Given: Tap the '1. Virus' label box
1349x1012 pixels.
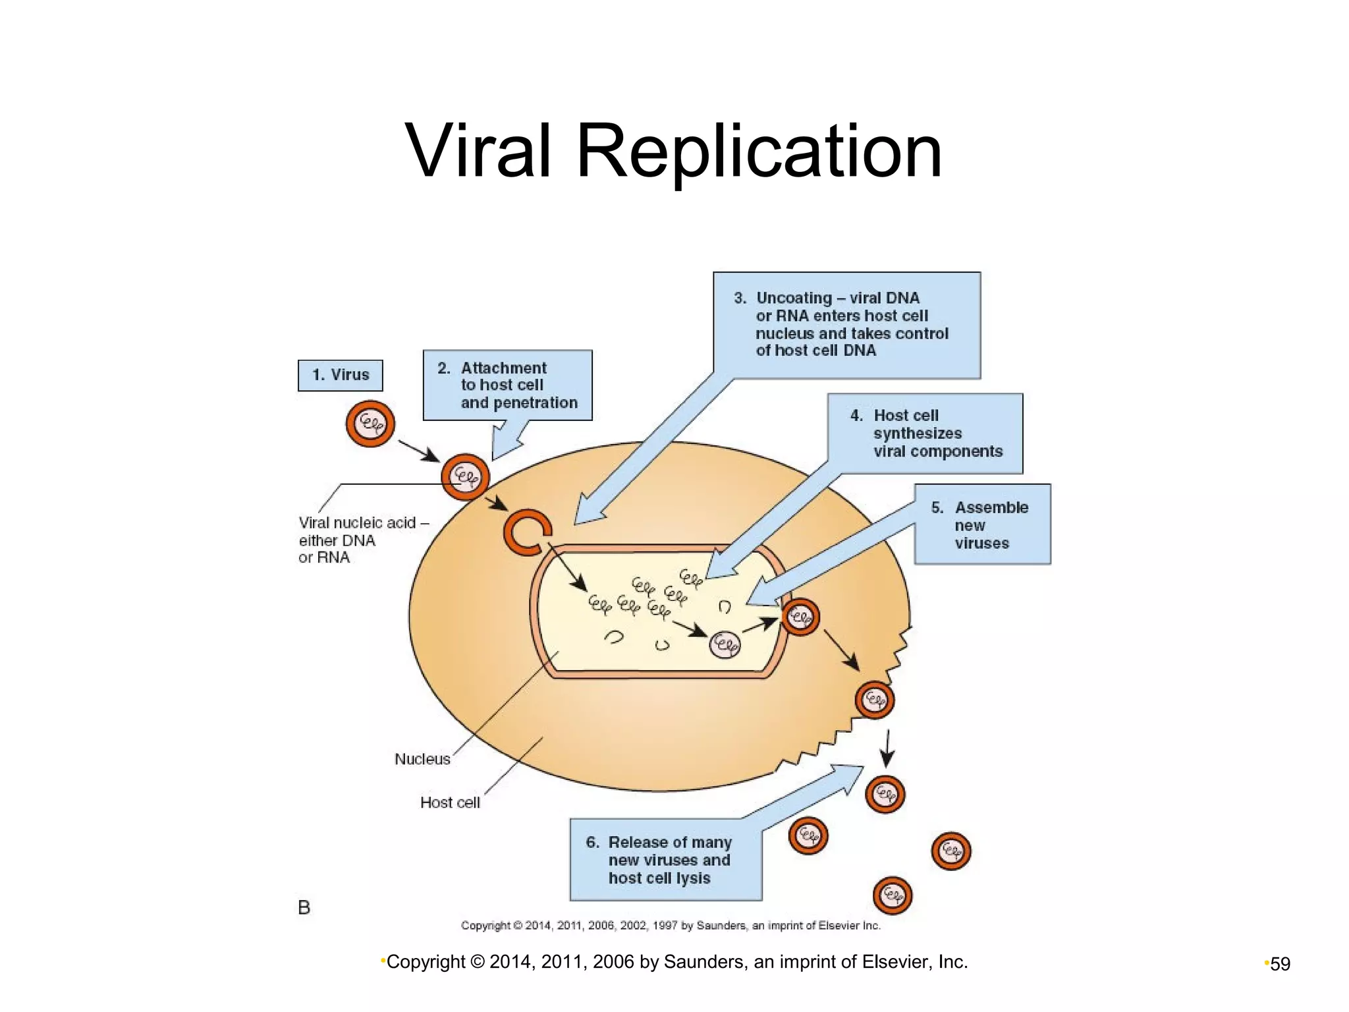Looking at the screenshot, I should point(340,375).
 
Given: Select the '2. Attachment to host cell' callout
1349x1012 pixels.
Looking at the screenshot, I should point(507,385).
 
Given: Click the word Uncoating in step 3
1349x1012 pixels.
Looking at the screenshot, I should point(794,298).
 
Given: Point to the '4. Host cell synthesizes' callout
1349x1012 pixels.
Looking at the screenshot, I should point(925,434).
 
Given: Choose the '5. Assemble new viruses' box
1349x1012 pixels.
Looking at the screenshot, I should point(982,524).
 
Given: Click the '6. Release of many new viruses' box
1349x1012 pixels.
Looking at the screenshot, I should point(665,860).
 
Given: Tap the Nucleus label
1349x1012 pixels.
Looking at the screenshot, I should point(422,759).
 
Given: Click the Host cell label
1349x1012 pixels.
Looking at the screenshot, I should point(450,802).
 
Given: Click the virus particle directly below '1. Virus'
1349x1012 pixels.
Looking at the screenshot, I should point(370,424).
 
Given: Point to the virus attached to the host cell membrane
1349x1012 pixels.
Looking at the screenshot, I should point(465,476).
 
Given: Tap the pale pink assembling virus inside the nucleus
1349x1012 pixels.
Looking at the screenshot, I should point(725,644).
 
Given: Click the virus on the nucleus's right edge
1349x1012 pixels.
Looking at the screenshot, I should point(800,617).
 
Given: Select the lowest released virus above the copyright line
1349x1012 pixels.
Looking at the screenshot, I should point(892,895).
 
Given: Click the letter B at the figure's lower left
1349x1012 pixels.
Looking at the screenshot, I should point(304,907).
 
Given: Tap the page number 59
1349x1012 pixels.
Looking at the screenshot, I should point(1280,964).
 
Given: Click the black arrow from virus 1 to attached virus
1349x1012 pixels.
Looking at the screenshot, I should point(418,451).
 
